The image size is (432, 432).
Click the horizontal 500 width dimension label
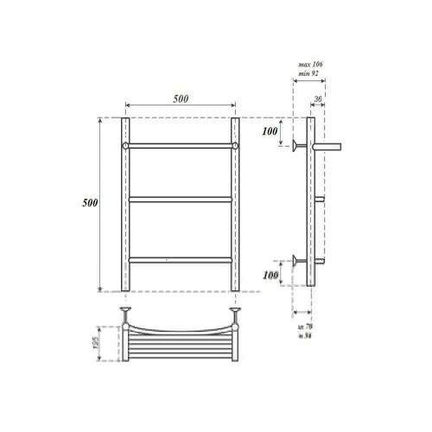(180, 99)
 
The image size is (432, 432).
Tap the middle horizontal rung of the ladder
(180, 200)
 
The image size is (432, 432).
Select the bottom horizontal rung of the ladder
(180, 257)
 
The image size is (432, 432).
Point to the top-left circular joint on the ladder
(126, 146)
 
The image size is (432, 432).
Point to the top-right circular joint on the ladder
(234, 146)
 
